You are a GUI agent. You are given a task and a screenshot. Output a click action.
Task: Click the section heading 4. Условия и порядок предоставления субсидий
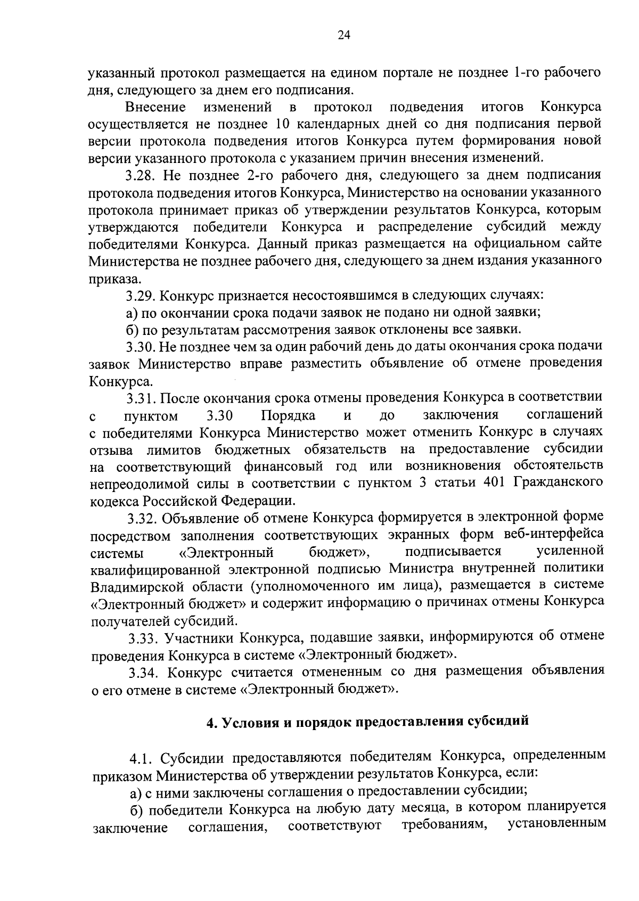click(x=367, y=722)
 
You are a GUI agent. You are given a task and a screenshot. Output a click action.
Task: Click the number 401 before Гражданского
click(x=493, y=483)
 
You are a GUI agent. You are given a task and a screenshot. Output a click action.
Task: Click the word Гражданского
click(x=559, y=483)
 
